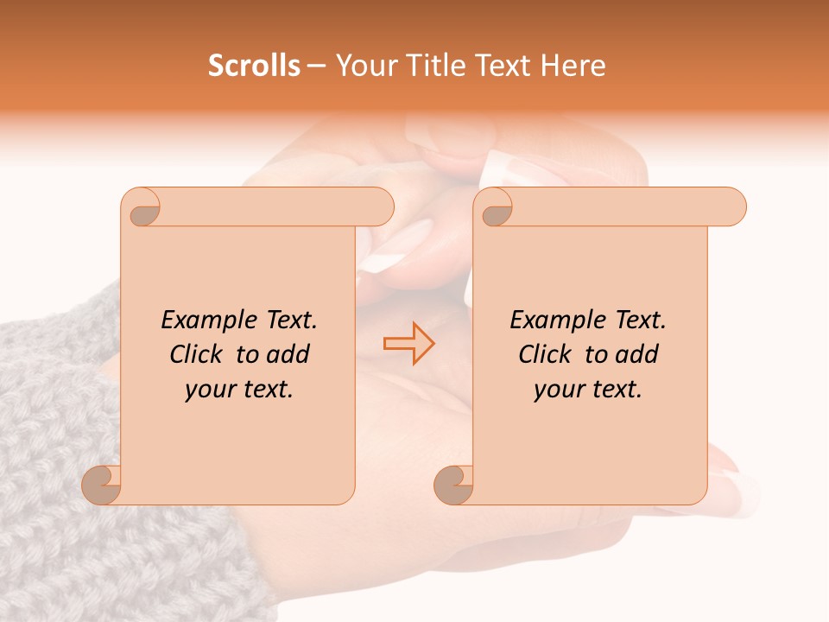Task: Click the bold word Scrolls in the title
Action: point(255,66)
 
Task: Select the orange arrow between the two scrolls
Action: point(408,344)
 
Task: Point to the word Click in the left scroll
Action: point(199,355)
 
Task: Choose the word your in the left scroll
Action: point(211,390)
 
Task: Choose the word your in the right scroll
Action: point(560,390)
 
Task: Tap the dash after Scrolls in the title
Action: point(317,67)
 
